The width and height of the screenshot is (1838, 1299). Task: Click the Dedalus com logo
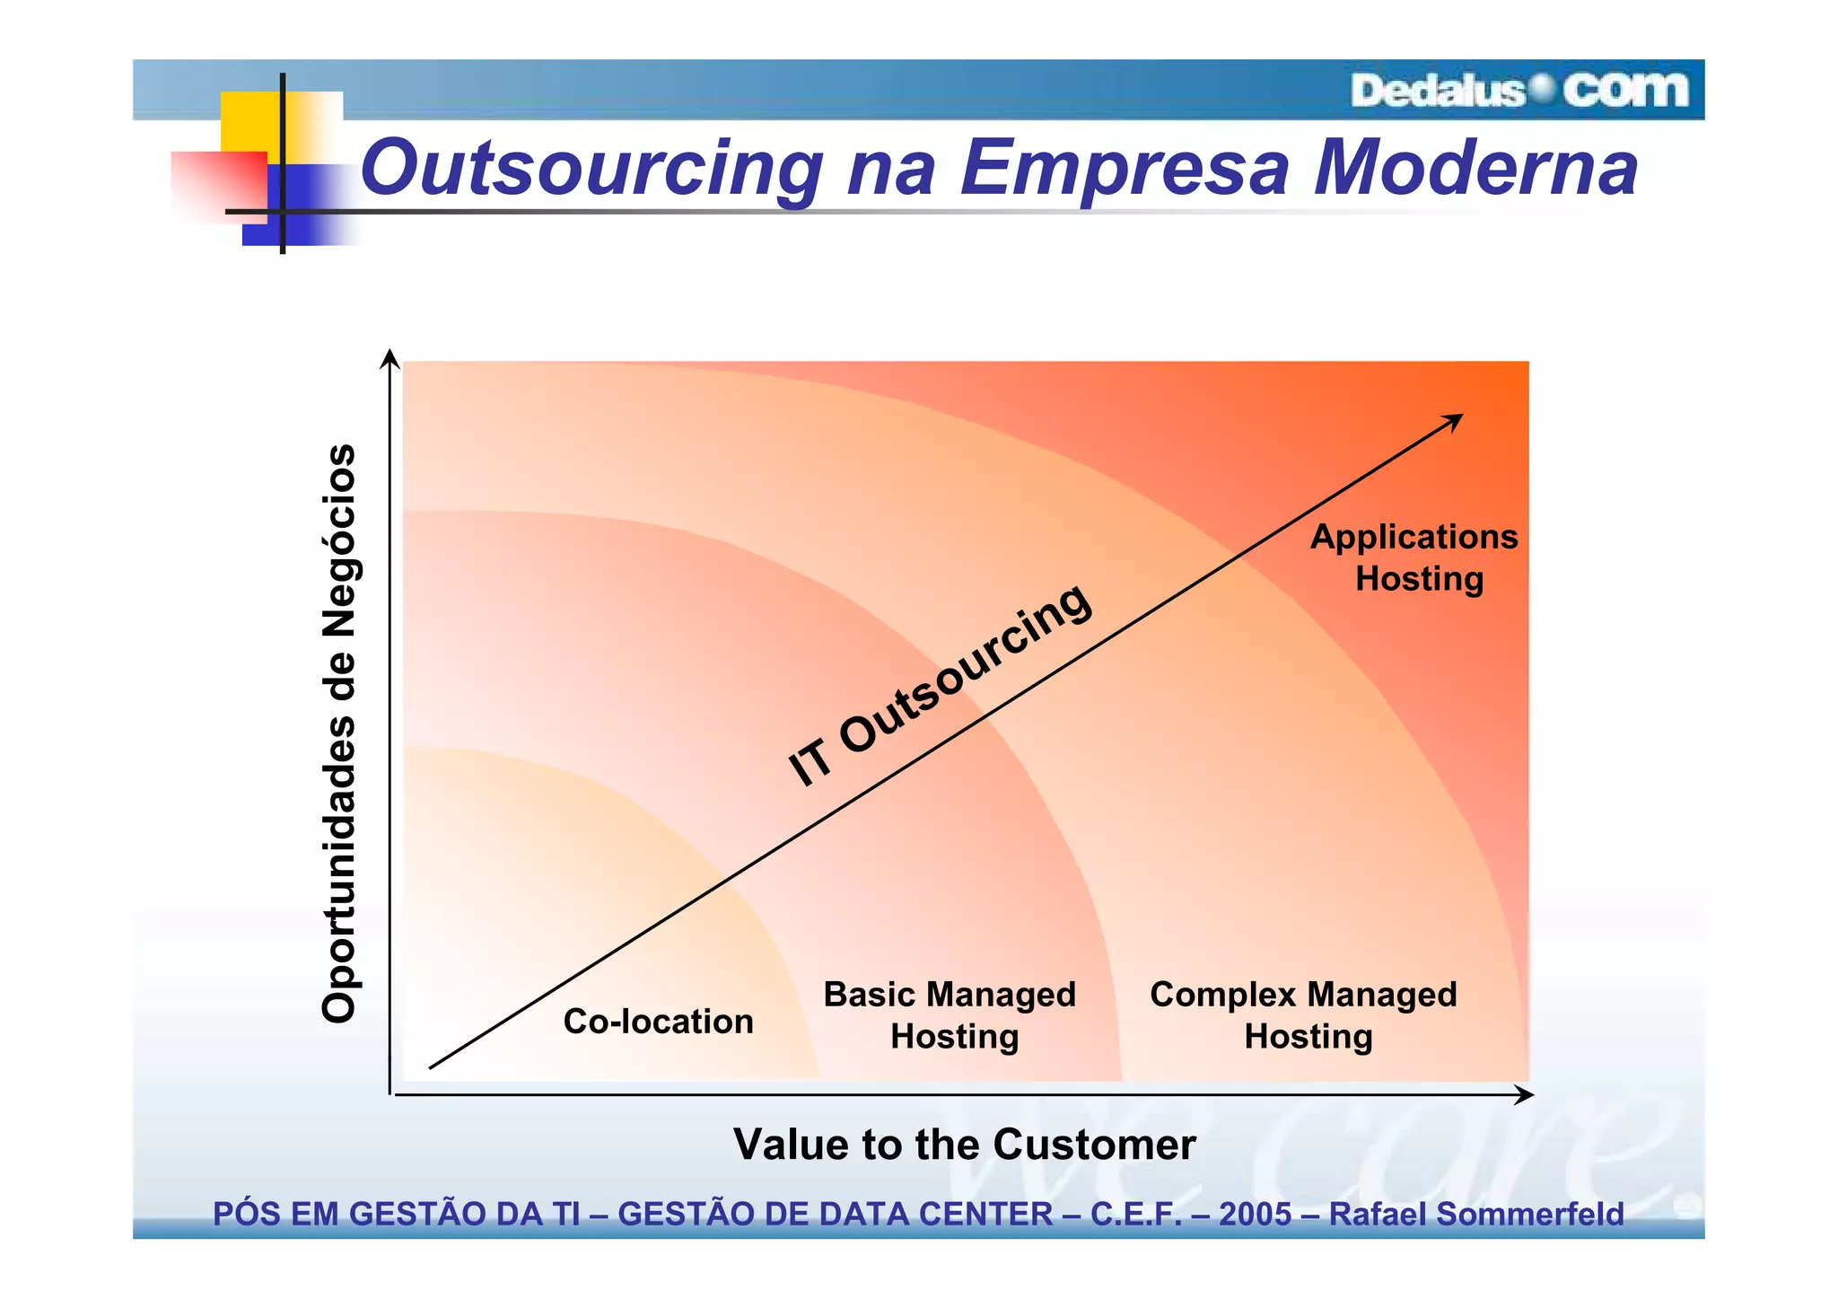[x=1519, y=91]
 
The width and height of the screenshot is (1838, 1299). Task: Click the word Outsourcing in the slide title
[x=591, y=169]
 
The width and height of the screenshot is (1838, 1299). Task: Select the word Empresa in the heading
[x=1125, y=169]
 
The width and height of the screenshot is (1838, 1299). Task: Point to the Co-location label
[x=658, y=1022]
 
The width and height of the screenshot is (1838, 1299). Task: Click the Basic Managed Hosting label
[x=950, y=1015]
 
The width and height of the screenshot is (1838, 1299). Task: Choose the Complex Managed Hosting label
[x=1304, y=1015]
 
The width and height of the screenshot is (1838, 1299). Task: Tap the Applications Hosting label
[x=1415, y=557]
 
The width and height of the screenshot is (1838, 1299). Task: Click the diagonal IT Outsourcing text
[x=940, y=685]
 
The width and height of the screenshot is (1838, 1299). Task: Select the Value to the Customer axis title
[x=964, y=1145]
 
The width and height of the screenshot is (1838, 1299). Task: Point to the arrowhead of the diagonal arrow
[x=1455, y=420]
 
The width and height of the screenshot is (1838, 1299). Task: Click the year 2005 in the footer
[x=1254, y=1215]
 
